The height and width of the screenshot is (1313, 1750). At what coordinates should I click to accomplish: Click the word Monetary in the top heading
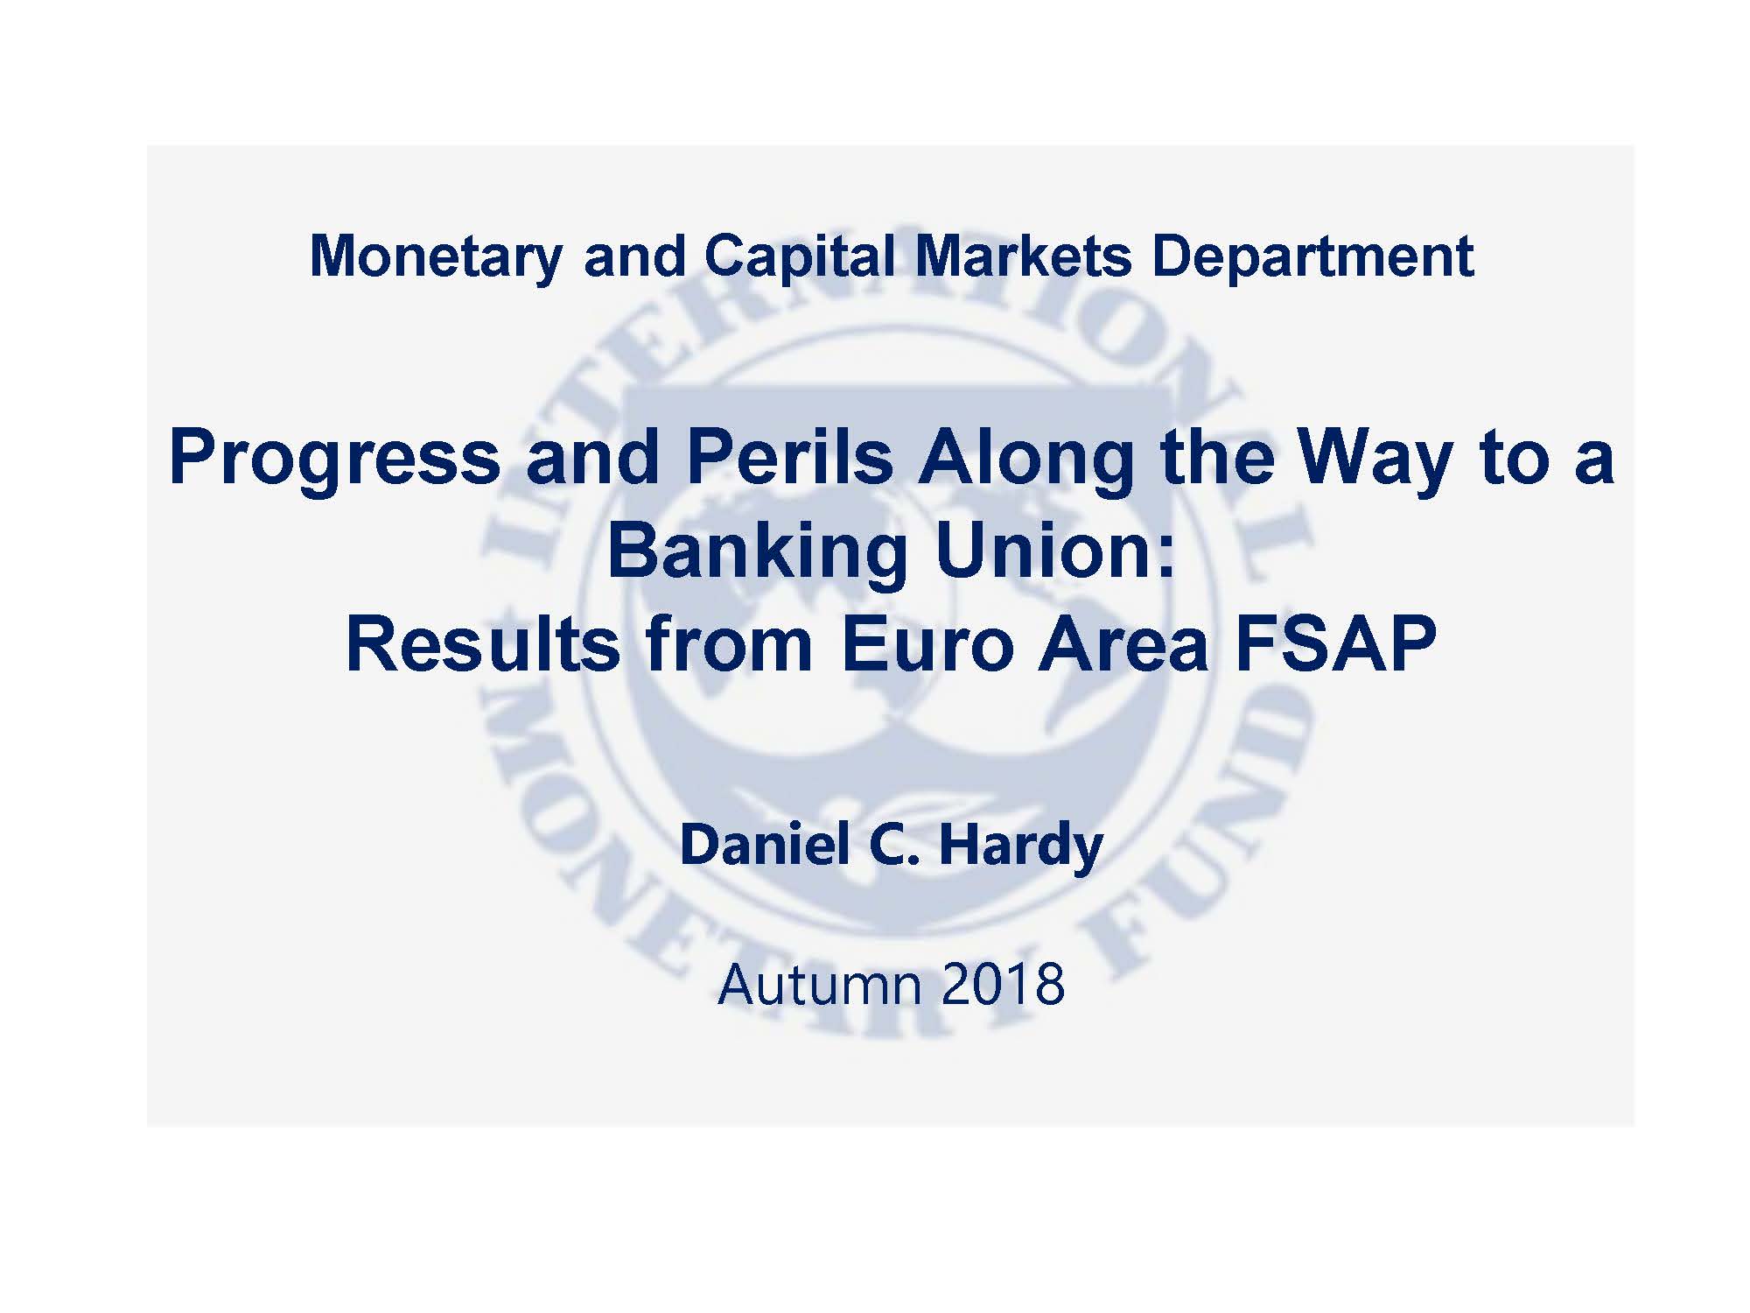(436, 258)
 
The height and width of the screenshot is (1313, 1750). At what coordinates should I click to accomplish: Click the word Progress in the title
(333, 460)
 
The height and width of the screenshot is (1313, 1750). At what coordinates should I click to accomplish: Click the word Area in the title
(1123, 645)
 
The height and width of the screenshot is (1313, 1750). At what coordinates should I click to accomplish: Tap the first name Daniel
(766, 846)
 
